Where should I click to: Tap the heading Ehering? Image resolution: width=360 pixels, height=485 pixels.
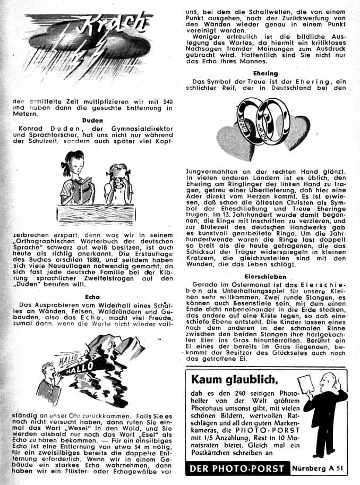[265, 73]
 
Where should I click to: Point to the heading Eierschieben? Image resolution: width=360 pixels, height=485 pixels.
[265, 277]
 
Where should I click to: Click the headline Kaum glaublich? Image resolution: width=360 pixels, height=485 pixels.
[234, 379]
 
